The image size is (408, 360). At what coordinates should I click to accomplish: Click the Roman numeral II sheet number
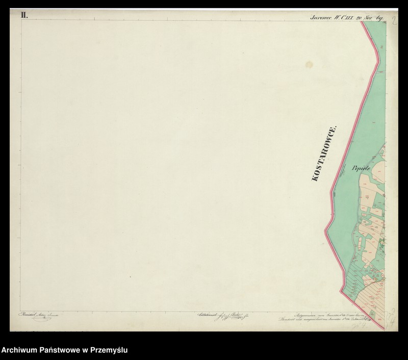pos(24,15)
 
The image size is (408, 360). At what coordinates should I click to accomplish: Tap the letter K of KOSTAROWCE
pos(314,179)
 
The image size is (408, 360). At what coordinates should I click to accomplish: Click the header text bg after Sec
pos(379,17)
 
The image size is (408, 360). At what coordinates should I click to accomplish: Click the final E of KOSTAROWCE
pos(335,128)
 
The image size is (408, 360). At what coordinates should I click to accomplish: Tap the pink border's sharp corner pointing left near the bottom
pos(341,291)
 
